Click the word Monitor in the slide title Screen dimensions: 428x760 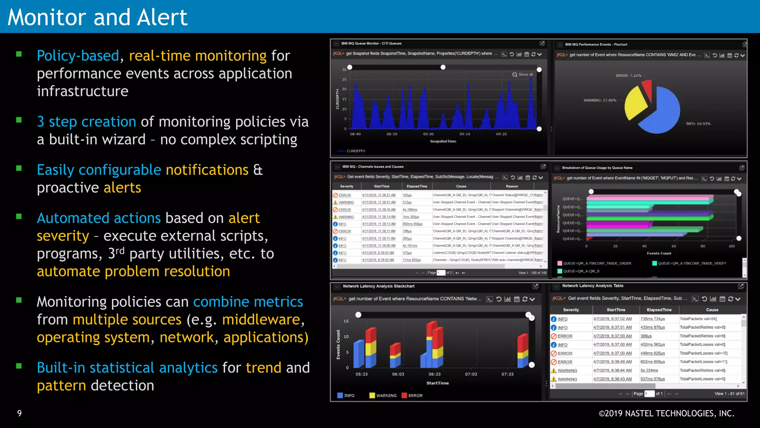tap(47, 17)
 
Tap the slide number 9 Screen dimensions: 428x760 tap(19, 413)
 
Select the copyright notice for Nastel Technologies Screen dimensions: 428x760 tap(666, 413)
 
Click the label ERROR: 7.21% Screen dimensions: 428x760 tap(628, 75)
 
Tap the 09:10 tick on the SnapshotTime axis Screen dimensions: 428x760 tap(465, 134)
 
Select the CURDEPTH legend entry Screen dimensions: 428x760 tap(356, 151)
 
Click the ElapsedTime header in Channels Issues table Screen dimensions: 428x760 tap(417, 186)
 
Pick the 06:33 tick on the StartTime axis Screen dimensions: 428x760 tap(435, 374)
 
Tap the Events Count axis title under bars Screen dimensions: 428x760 tap(659, 253)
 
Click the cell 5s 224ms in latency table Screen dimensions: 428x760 tap(649, 370)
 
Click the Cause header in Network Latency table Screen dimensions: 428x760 tap(712, 310)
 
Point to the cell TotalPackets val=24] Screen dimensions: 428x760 tap(698, 319)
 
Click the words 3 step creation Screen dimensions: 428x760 tap(86, 122)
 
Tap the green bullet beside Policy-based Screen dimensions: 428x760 tap(19, 54)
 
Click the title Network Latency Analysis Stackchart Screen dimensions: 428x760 tap(379, 286)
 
